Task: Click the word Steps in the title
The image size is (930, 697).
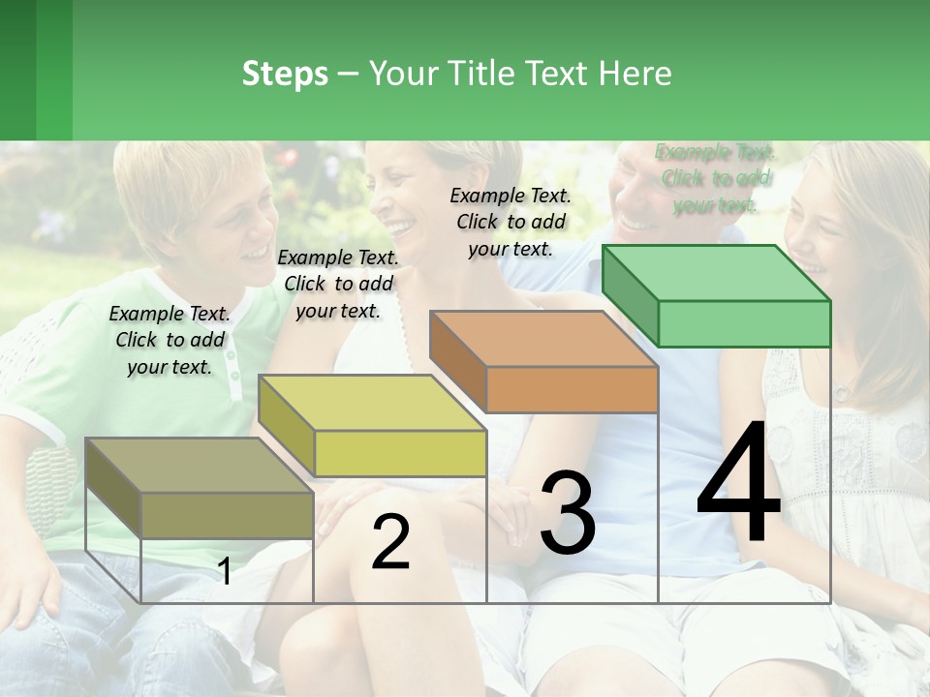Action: point(285,75)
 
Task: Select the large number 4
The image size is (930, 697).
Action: point(738,484)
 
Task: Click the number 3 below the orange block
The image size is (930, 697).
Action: point(568,513)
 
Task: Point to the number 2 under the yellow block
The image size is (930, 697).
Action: point(390,542)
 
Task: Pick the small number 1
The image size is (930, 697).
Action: point(224,571)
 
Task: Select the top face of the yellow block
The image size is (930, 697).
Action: point(372,403)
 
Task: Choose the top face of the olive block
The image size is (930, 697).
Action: point(199,466)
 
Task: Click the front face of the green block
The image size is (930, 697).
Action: point(744,323)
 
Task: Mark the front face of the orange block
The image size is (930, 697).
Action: point(572,389)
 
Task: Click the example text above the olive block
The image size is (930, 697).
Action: point(170,340)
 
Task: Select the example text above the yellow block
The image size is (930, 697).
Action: point(338,284)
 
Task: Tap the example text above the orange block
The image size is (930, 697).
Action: point(511,222)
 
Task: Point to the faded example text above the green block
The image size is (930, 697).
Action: point(715,178)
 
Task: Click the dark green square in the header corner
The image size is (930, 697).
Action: point(18,70)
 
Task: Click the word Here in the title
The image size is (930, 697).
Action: point(635,75)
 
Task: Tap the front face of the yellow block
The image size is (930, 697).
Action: point(400,453)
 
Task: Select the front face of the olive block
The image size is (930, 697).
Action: point(228,515)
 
